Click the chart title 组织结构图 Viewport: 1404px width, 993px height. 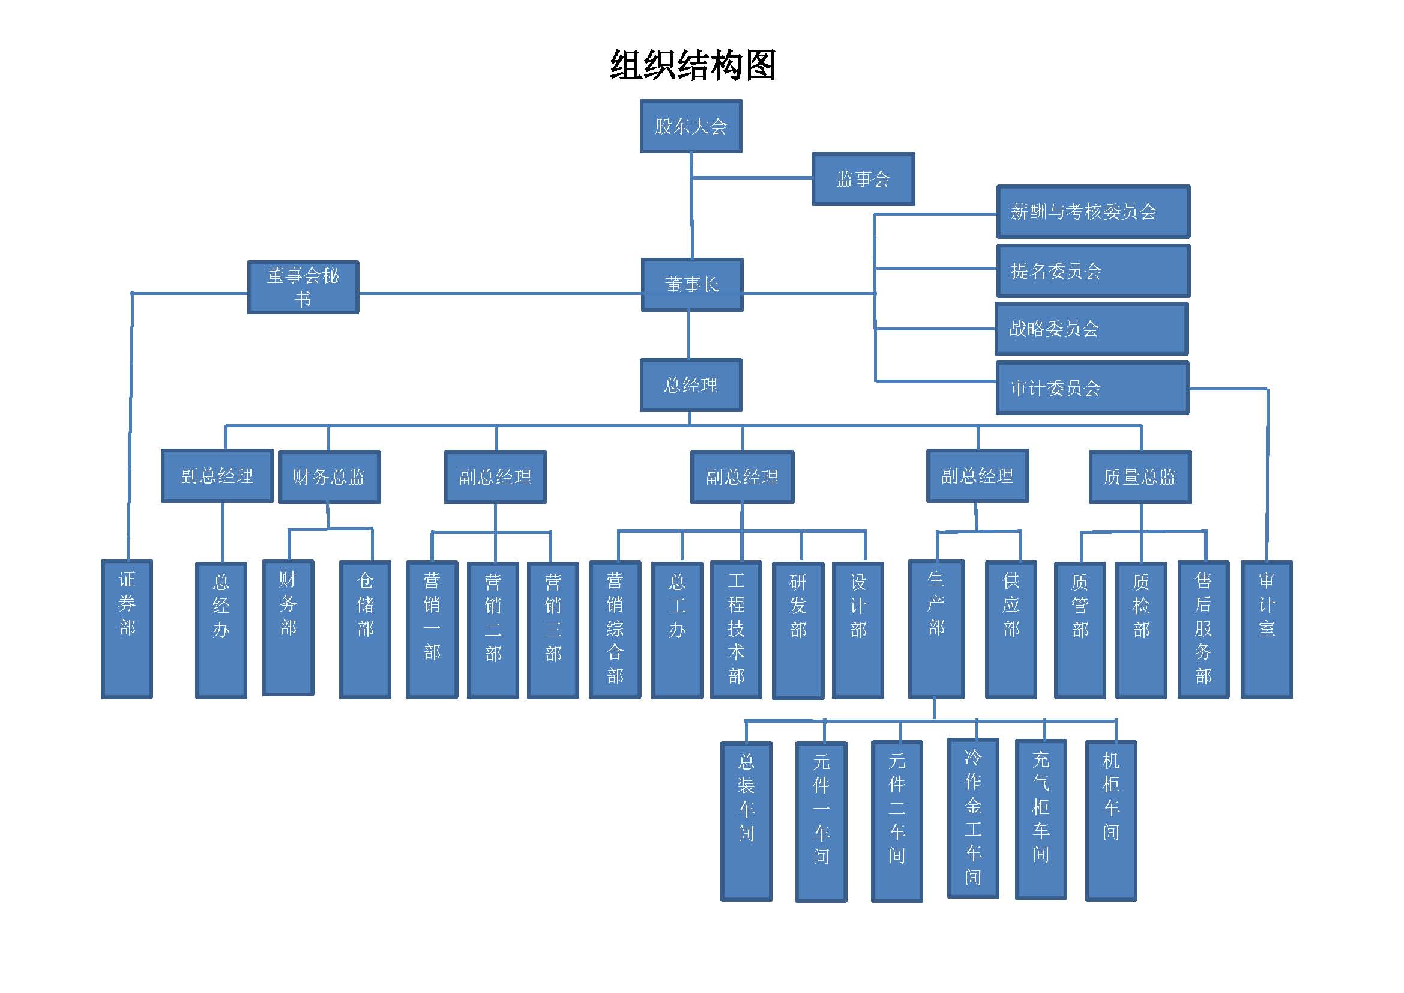(693, 65)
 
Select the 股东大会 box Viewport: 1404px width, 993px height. (691, 126)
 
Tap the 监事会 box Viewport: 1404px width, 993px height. (863, 178)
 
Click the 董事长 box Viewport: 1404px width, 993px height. (691, 285)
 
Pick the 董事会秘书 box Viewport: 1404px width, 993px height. (303, 287)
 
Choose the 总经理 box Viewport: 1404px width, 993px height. (691, 385)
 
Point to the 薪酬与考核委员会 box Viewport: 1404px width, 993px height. (1092, 211)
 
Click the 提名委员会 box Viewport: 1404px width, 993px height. (1092, 271)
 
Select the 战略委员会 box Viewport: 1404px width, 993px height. (1091, 329)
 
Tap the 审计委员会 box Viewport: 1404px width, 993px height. (1092, 388)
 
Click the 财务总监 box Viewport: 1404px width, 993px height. (329, 476)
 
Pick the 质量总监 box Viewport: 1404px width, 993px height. (1140, 476)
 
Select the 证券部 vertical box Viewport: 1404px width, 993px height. (127, 629)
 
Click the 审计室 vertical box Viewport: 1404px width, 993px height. (1267, 630)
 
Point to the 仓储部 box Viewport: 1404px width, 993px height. (365, 630)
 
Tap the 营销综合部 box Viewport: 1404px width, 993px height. (615, 630)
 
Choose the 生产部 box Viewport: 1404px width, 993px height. (936, 629)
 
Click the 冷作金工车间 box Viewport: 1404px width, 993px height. (973, 818)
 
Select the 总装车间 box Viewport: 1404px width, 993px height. (746, 821)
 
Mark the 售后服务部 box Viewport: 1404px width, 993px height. (1204, 630)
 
